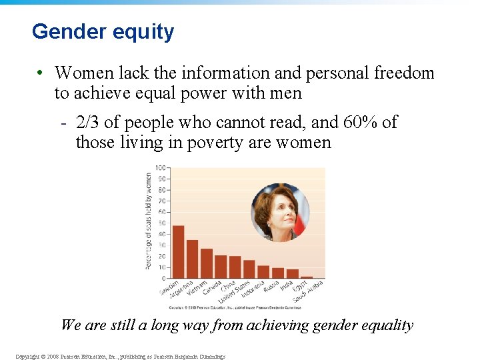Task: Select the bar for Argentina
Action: coord(192,259)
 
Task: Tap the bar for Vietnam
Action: coord(207,263)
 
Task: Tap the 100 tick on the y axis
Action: coord(161,167)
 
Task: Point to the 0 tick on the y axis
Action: coord(163,278)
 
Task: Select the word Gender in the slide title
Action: coord(65,32)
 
